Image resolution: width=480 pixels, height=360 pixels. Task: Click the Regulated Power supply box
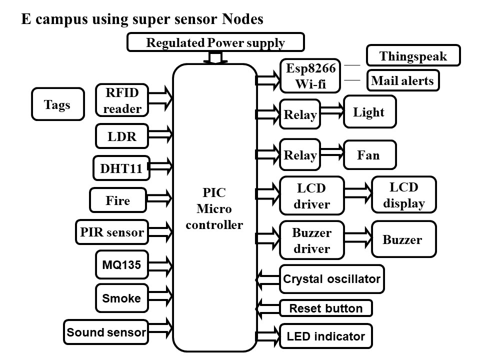pyautogui.click(x=215, y=42)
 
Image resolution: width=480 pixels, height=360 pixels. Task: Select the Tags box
pyautogui.click(x=57, y=104)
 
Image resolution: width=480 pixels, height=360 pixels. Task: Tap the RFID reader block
pyautogui.click(x=122, y=99)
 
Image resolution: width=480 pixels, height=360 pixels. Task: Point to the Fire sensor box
pyautogui.click(x=118, y=200)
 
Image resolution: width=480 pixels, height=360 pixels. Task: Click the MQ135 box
pyautogui.click(x=122, y=264)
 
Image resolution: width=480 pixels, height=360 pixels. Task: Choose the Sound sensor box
pyautogui.click(x=106, y=332)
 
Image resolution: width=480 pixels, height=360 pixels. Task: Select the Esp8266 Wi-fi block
pyautogui.click(x=310, y=75)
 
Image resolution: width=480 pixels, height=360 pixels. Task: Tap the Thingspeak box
pyautogui.click(x=413, y=56)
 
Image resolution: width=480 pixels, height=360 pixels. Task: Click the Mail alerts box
pyautogui.click(x=403, y=80)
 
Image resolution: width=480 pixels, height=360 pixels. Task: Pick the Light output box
pyautogui.click(x=369, y=112)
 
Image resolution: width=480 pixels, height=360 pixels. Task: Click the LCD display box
pyautogui.click(x=404, y=195)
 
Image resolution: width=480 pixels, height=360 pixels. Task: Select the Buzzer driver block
pyautogui.click(x=312, y=240)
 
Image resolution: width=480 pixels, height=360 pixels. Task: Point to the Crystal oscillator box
pyautogui.click(x=331, y=279)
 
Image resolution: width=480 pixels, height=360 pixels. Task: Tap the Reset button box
pyautogui.click(x=326, y=308)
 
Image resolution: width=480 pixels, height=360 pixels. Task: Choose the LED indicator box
pyautogui.click(x=326, y=336)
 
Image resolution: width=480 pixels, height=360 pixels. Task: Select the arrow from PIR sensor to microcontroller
pyautogui.click(x=160, y=232)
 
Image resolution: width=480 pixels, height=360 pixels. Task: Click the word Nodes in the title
pyautogui.click(x=242, y=19)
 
